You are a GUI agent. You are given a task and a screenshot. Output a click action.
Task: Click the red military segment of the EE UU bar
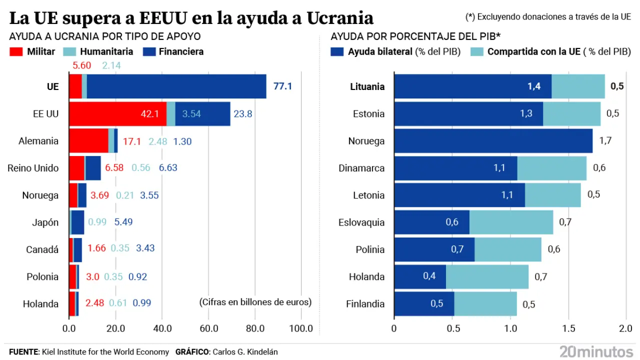[x=117, y=113]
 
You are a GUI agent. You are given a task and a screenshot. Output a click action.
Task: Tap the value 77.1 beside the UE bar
[x=282, y=86]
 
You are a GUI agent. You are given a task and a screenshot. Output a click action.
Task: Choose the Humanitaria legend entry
[x=98, y=51]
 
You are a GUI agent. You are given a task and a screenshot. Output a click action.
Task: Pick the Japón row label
[x=45, y=222]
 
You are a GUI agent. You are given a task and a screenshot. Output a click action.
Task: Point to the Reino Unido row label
[x=33, y=168]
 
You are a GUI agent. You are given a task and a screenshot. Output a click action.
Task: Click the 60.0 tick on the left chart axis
[x=208, y=328]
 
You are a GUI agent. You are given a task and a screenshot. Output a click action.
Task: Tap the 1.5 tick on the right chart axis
[x=568, y=328]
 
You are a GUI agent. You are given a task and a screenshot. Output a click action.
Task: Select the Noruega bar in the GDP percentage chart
[x=493, y=141]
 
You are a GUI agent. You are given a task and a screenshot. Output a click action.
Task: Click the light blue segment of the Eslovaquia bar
[x=511, y=222]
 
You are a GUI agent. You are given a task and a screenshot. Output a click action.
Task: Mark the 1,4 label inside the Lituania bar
[x=534, y=86]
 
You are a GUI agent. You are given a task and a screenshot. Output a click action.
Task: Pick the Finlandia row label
[x=365, y=304]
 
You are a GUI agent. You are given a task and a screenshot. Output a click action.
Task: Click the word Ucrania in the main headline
[x=339, y=18]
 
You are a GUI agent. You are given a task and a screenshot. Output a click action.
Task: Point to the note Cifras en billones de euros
[x=255, y=302]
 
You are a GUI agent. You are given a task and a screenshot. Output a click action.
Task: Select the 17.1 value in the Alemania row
[x=132, y=141]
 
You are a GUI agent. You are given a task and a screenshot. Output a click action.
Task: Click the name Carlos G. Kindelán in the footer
[x=245, y=352]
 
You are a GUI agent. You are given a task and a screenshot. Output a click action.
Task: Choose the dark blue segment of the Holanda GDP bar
[x=420, y=277]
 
